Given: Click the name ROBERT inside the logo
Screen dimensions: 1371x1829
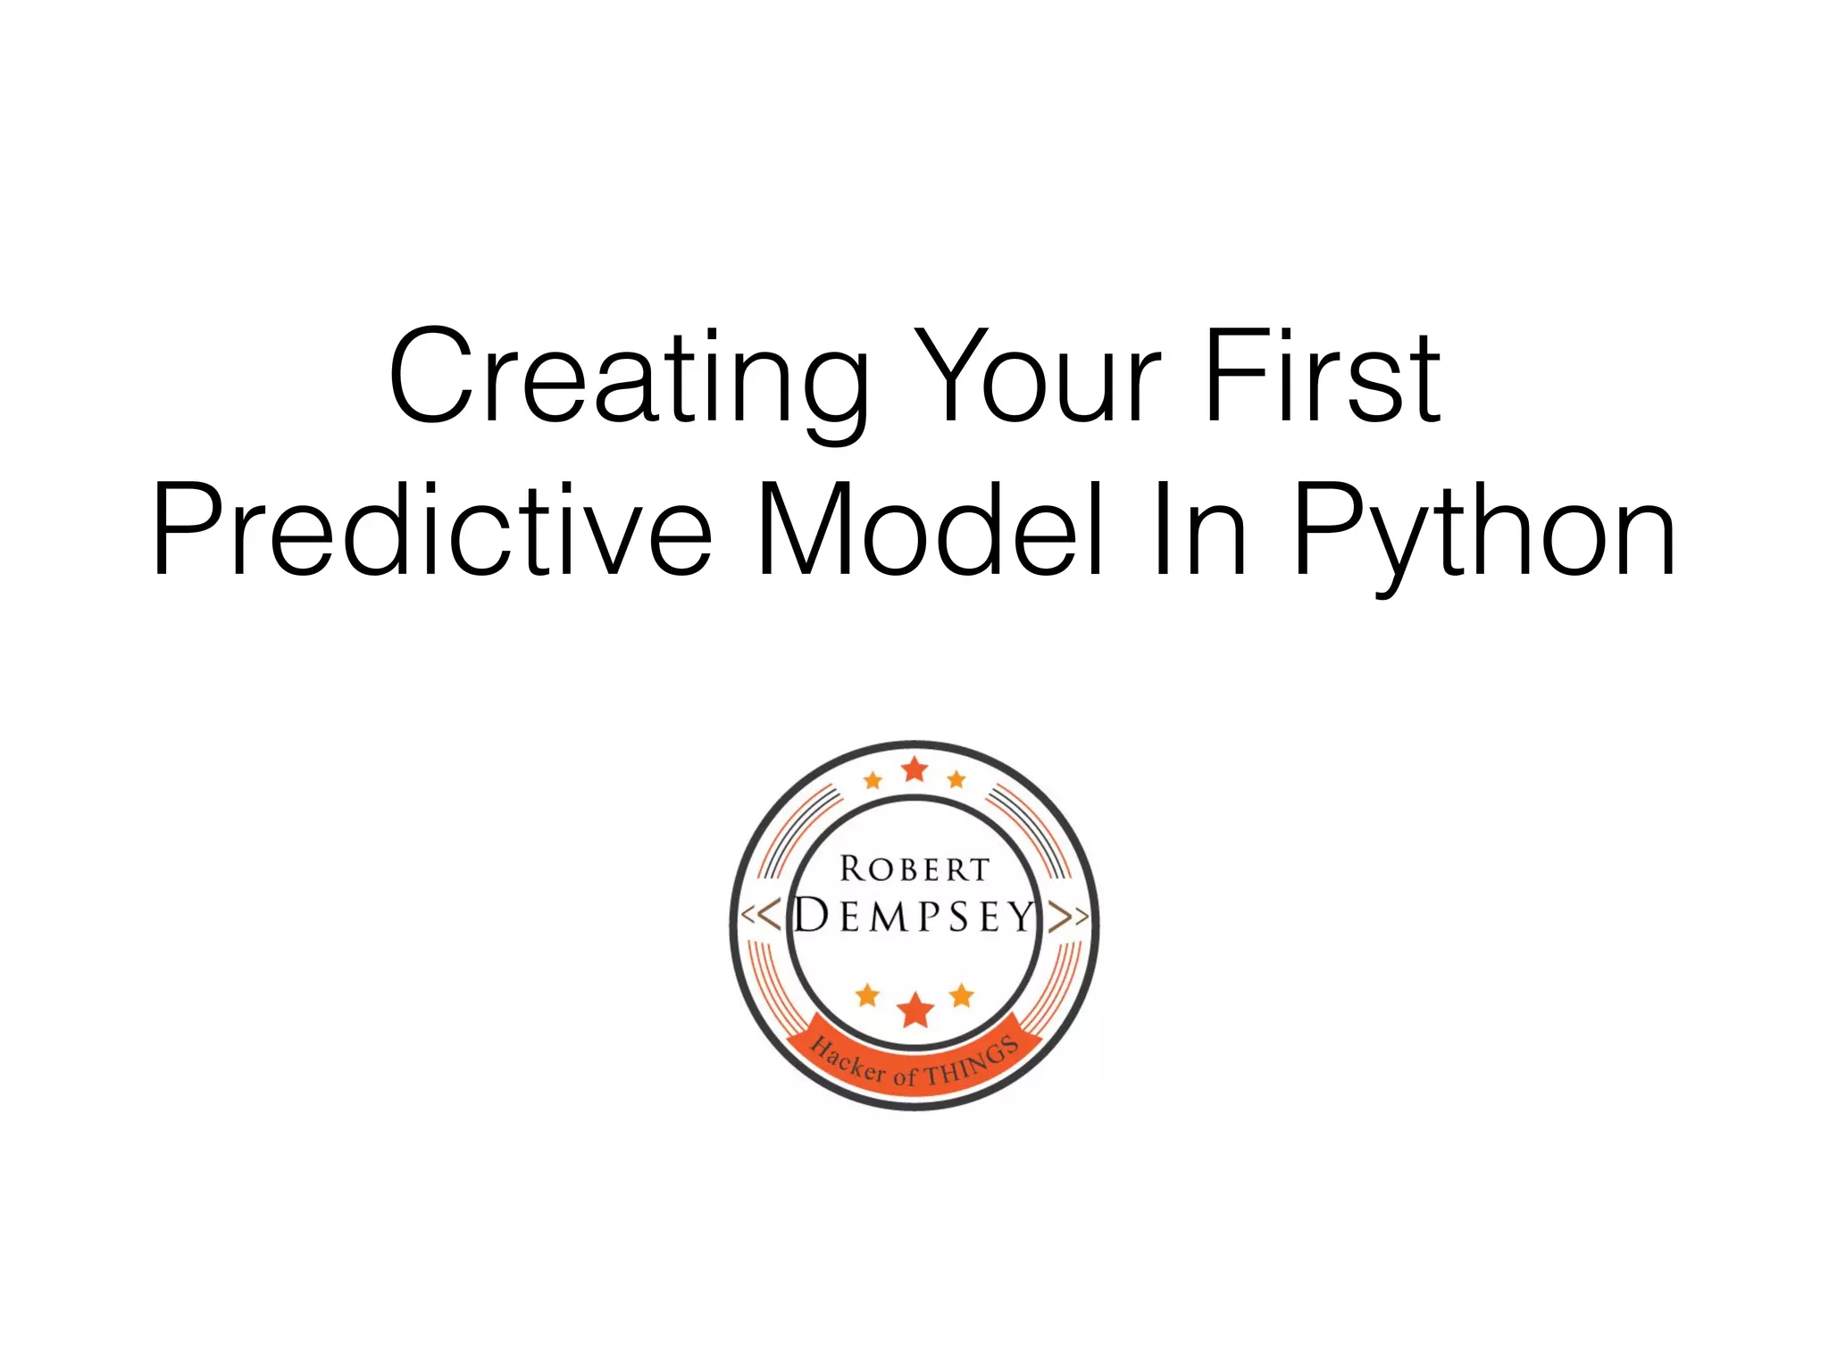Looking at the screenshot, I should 914,868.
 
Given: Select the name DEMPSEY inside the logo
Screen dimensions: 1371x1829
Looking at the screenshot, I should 914,916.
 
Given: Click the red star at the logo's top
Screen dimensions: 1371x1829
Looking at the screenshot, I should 914,769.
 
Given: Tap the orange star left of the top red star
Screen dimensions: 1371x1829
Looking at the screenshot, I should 873,781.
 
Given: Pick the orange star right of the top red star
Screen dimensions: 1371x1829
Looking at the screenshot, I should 956,780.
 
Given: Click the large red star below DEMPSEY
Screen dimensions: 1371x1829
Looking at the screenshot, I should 914,1010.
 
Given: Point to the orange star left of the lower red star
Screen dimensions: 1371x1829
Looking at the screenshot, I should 867,995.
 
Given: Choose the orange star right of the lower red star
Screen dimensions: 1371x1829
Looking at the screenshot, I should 962,995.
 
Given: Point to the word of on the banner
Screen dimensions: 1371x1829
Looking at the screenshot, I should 906,1076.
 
